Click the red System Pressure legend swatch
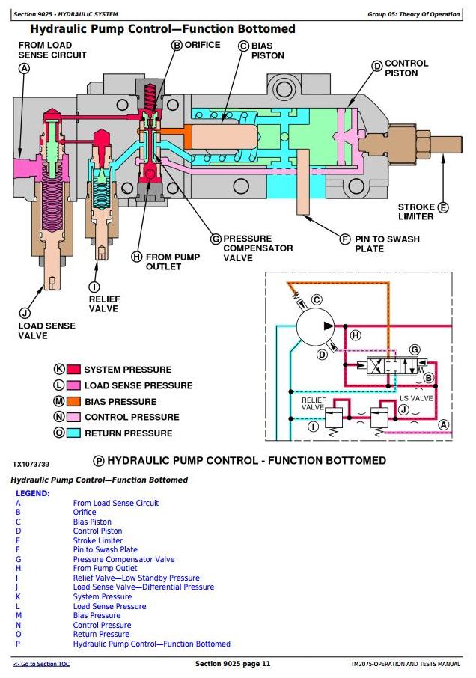coord(73,369)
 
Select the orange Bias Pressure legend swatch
coord(73,401)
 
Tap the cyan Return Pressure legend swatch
coord(73,433)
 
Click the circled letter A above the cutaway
coord(24,68)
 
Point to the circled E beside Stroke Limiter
coord(443,207)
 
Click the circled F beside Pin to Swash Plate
coord(344,239)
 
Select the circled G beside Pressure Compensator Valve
coord(216,239)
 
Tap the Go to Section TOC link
coord(41,664)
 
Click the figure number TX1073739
coord(31,465)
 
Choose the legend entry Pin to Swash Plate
coord(105,549)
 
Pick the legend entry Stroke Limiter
coord(98,540)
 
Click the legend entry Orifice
coord(85,512)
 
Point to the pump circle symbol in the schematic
coord(315,326)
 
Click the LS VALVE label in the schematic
coord(416,398)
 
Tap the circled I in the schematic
coord(313,427)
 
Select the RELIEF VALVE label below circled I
coord(103,304)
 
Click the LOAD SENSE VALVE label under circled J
coord(46,330)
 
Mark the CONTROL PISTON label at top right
coord(406,68)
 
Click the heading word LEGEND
coord(33,493)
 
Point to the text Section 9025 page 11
coord(233,664)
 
